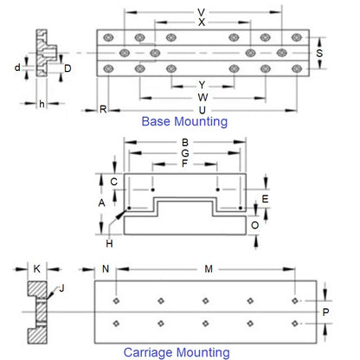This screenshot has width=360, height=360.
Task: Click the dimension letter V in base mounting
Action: [x=201, y=12]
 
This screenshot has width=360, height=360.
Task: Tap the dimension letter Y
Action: [x=202, y=85]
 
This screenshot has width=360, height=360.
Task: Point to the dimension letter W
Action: [x=202, y=97]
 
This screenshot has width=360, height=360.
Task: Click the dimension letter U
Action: [x=202, y=111]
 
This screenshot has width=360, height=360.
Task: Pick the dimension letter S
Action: [x=320, y=54]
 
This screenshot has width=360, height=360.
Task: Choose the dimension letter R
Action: [x=103, y=110]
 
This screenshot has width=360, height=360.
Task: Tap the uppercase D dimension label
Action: [x=67, y=67]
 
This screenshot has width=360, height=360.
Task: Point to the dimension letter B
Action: [x=183, y=143]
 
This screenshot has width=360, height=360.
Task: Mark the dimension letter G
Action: [x=183, y=153]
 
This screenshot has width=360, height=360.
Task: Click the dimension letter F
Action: [x=183, y=163]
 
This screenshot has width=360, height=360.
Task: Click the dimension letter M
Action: [x=208, y=270]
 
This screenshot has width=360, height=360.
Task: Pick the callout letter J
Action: [x=61, y=288]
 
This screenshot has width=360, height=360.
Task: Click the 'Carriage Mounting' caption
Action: [x=176, y=351]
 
